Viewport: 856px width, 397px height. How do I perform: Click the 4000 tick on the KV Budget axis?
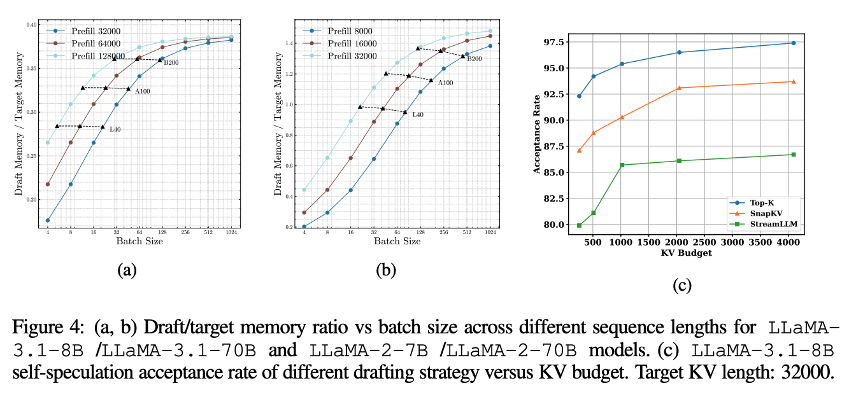[787, 242]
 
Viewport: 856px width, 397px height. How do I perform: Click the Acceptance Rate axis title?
[536, 134]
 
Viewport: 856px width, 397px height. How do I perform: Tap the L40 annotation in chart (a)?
[115, 130]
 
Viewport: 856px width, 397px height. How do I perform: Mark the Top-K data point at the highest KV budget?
[793, 43]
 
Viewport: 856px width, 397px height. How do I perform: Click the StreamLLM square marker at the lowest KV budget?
[579, 225]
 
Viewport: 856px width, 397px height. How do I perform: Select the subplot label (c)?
[682, 286]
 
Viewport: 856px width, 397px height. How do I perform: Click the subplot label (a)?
[127, 270]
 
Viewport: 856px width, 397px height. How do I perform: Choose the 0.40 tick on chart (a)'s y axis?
[32, 25]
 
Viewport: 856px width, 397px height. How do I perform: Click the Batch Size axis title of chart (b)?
[396, 241]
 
